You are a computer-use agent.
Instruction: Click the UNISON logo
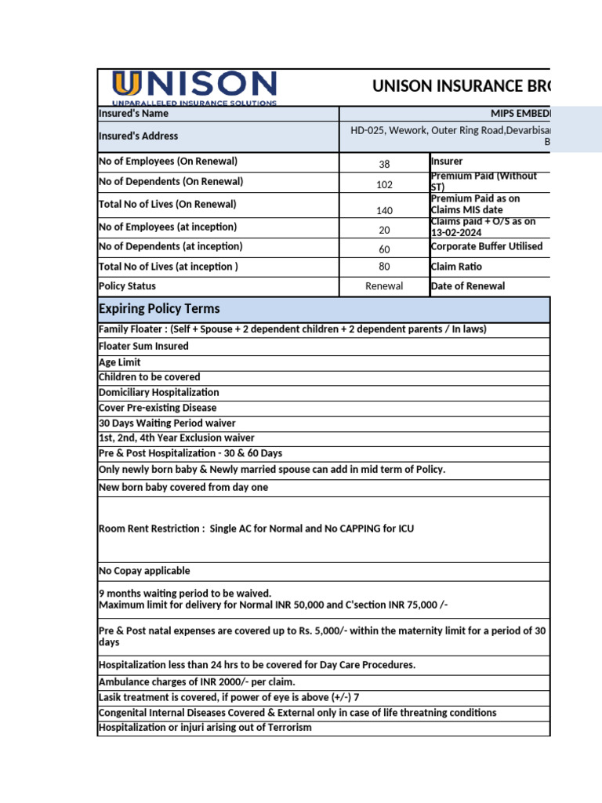tap(194, 87)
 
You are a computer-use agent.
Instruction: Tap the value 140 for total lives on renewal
tap(384, 210)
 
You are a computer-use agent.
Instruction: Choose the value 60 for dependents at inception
tap(384, 249)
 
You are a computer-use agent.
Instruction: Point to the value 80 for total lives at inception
tap(384, 267)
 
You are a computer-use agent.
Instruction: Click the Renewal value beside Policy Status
tap(384, 286)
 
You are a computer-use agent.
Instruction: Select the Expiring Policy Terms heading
tap(159, 308)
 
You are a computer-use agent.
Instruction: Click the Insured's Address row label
tap(139, 136)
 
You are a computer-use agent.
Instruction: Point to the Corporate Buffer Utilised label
tap(486, 246)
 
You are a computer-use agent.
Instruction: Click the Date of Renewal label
tap(468, 286)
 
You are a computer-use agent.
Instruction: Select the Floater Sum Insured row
tap(143, 346)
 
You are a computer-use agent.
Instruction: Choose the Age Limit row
tap(120, 362)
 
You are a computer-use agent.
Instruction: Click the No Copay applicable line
tap(144, 571)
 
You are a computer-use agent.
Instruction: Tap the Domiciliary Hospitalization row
tap(159, 392)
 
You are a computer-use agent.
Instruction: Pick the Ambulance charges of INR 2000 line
tap(197, 681)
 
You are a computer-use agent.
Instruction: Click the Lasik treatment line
tap(229, 697)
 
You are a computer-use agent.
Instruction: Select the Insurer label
tap(448, 162)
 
